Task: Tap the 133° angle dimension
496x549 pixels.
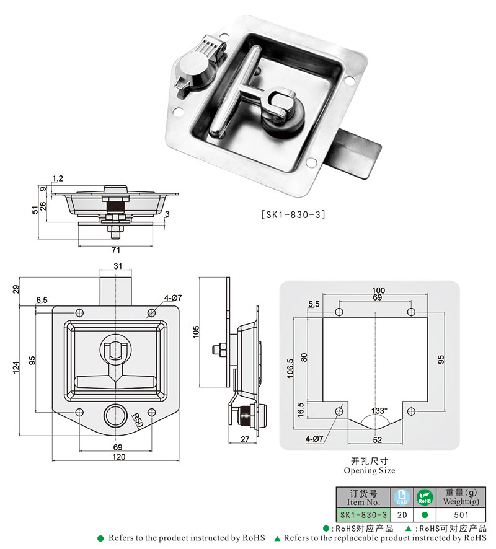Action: (x=379, y=411)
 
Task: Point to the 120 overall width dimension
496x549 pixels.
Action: (x=119, y=457)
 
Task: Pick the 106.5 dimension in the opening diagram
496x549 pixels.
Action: (x=290, y=368)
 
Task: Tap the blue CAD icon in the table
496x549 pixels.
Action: (x=402, y=497)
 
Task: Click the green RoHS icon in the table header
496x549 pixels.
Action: (x=424, y=497)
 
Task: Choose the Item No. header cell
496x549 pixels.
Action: (x=363, y=497)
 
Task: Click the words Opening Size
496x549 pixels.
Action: (x=369, y=471)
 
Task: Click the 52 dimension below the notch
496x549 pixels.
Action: (x=377, y=439)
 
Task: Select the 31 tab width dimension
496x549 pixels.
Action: (x=117, y=266)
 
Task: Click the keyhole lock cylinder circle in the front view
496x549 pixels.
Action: (x=115, y=415)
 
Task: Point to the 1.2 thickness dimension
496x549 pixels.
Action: (x=58, y=179)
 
